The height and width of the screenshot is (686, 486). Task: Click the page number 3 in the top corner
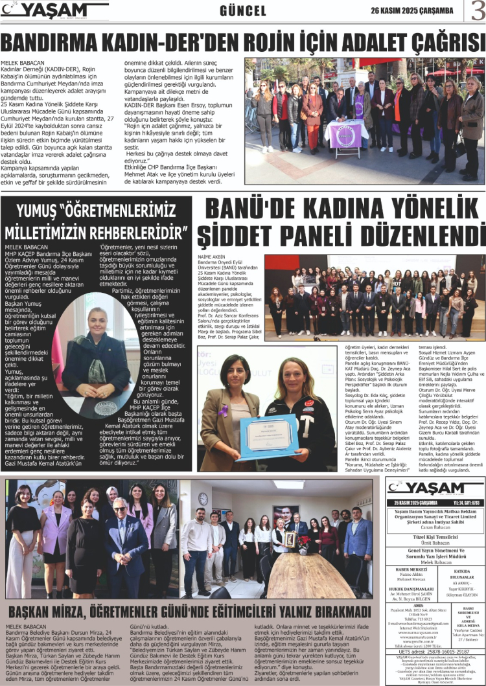477,10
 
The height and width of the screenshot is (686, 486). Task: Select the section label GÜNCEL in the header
243,11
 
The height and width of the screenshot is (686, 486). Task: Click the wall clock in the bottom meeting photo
203,498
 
